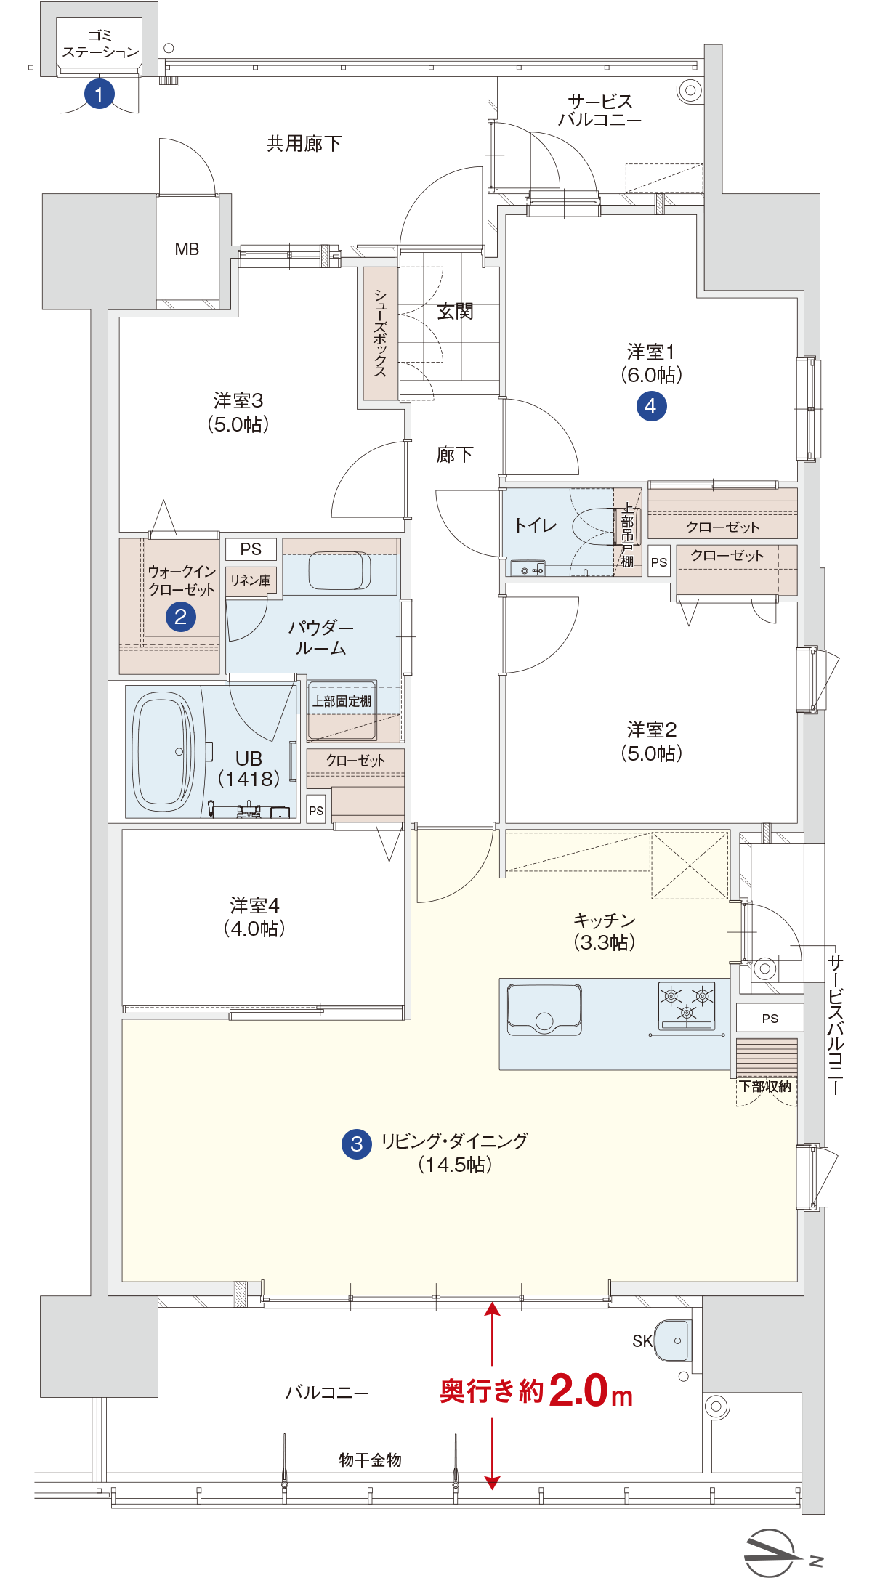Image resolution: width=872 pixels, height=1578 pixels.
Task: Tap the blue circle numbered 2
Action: [x=181, y=617]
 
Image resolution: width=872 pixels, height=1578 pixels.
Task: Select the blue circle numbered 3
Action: [x=357, y=1144]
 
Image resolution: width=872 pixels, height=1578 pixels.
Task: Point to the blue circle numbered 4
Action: [x=651, y=406]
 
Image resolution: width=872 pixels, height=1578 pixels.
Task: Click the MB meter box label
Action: [x=187, y=249]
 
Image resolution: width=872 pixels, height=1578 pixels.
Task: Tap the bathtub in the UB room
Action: [x=163, y=751]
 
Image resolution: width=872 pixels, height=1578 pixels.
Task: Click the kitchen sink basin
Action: [x=544, y=1009]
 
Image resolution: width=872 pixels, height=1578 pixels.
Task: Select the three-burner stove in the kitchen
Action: [x=687, y=1006]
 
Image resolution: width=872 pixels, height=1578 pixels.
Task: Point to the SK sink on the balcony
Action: [x=672, y=1340]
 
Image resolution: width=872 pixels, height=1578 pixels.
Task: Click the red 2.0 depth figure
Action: [x=578, y=1391]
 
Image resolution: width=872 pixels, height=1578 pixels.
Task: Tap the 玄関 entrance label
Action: [x=455, y=312]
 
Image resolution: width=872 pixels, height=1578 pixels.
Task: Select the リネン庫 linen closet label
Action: [x=251, y=580]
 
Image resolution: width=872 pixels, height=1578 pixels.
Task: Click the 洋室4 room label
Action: [x=254, y=905]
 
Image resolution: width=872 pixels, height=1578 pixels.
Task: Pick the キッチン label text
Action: [x=604, y=920]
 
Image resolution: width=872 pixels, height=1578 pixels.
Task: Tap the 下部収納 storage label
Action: [x=765, y=1086]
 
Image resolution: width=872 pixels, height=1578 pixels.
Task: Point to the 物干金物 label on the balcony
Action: [x=370, y=1460]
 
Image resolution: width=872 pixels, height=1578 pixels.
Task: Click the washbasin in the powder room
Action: [x=340, y=570]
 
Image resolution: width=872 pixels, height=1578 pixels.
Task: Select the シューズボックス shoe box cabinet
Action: [x=381, y=333]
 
